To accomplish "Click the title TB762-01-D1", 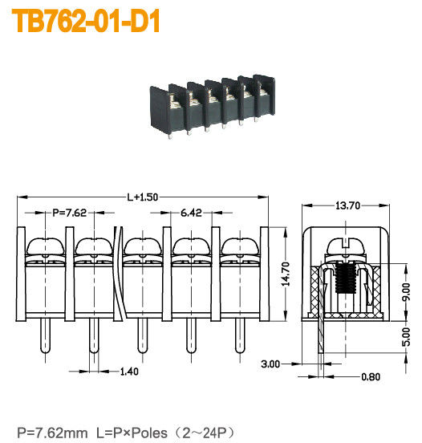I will pos(85,22).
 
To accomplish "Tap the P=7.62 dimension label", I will pos(71,213).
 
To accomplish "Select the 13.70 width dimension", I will pos(347,206).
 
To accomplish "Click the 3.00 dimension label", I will pos(271,364).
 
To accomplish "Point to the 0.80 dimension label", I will pos(371,376).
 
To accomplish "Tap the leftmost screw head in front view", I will pos(42,246).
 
